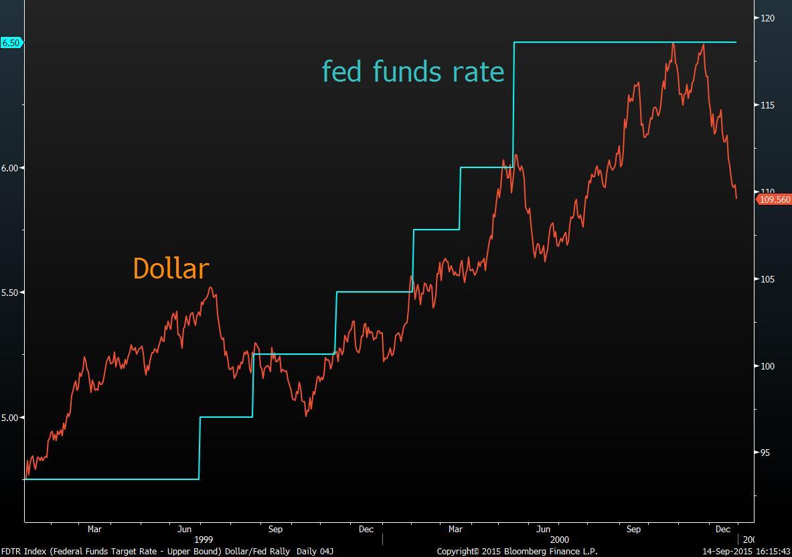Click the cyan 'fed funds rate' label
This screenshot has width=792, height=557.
pyautogui.click(x=413, y=71)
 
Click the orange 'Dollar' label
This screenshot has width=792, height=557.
pyautogui.click(x=171, y=268)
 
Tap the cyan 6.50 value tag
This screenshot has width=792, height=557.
pyautogui.click(x=11, y=43)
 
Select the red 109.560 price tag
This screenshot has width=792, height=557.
pyautogui.click(x=775, y=200)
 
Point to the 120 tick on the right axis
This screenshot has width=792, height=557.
pyautogui.click(x=767, y=18)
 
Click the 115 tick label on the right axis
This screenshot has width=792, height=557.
pyautogui.click(x=767, y=105)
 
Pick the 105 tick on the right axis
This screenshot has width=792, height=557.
pyautogui.click(x=767, y=279)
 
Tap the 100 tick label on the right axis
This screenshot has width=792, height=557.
pyautogui.click(x=767, y=366)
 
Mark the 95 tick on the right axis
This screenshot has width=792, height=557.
pyautogui.click(x=765, y=453)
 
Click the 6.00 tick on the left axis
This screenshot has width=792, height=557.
pyautogui.click(x=11, y=168)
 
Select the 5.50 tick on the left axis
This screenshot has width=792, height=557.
pyautogui.click(x=11, y=293)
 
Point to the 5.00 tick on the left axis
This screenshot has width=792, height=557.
pyautogui.click(x=11, y=418)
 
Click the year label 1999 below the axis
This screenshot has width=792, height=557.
pyautogui.click(x=204, y=540)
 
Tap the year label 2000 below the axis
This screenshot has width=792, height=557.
pyautogui.click(x=560, y=540)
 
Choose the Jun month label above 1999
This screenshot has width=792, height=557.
pyautogui.click(x=185, y=529)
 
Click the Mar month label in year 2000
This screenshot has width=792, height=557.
pyautogui.click(x=455, y=529)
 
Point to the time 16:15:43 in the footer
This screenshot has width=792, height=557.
pyautogui.click(x=773, y=552)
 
